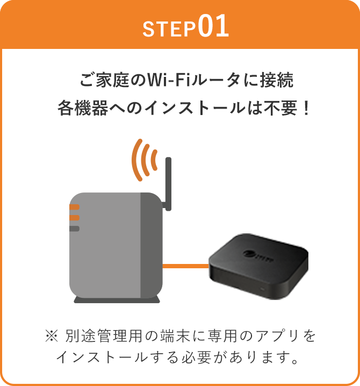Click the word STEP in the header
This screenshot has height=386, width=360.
169,29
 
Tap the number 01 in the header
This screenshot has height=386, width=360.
213,26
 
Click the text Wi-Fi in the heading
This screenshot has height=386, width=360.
169,80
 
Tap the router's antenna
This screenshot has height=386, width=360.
168,184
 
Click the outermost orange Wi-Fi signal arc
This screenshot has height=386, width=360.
137,160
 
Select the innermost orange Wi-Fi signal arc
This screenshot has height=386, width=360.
154,160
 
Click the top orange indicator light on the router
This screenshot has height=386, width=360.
74,207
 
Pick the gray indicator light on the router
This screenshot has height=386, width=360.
74,228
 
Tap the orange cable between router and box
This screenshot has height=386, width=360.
186,266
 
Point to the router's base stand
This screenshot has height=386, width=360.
117,299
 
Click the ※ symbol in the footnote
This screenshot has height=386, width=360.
52,336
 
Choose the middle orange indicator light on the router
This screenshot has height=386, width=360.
74,218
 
